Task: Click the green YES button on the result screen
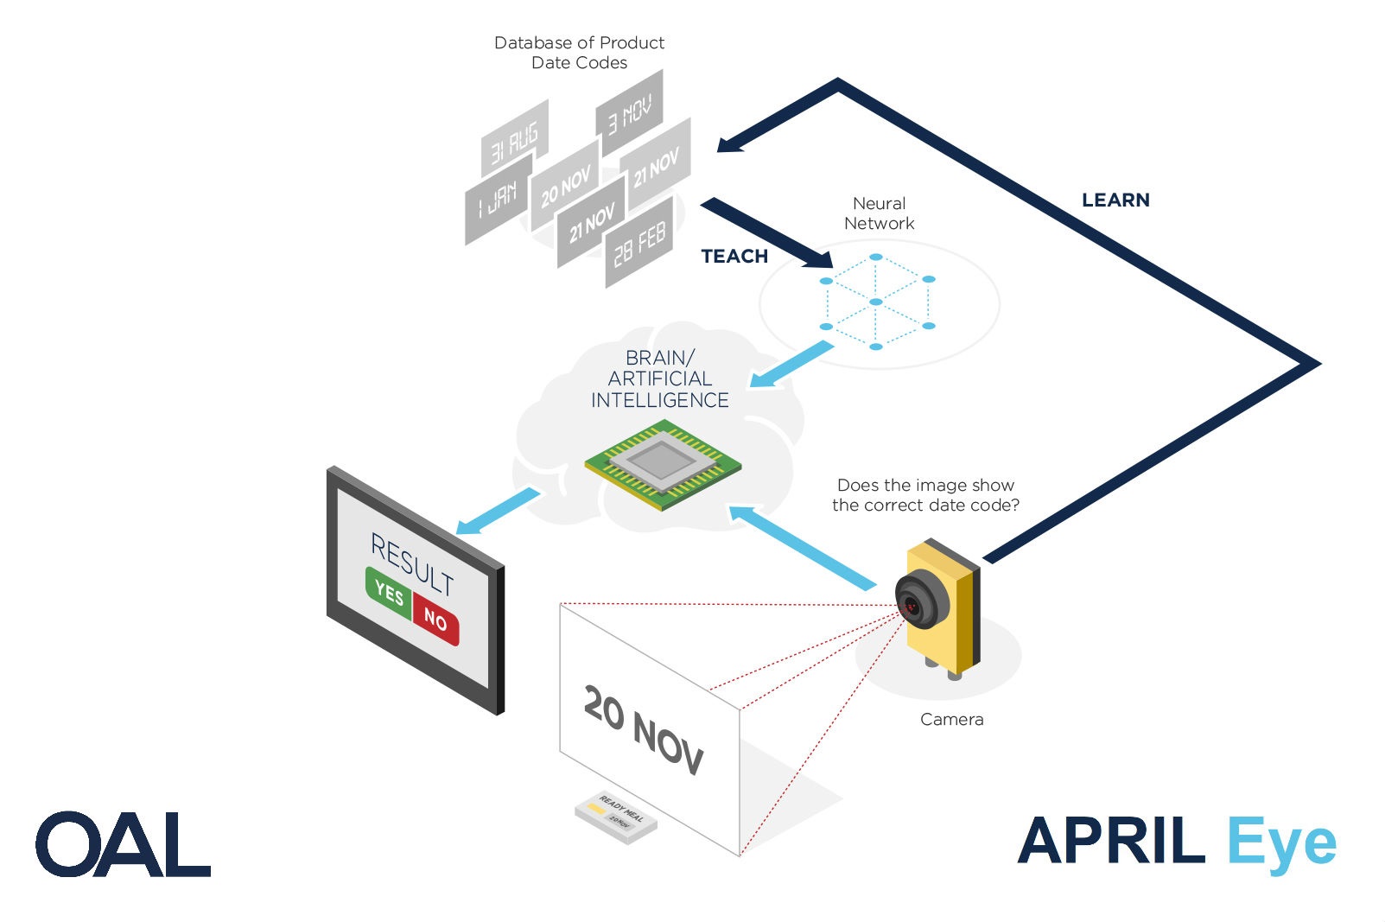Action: pos(389,594)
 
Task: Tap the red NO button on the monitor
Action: pos(435,620)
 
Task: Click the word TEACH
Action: pos(734,257)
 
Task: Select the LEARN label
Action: pos(1115,200)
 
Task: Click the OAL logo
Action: pos(123,844)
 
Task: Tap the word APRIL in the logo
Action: pos(1111,841)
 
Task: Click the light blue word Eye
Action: pos(1281,843)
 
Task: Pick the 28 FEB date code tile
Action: pos(639,243)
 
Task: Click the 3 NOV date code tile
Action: pos(630,112)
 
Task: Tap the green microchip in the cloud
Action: pos(663,464)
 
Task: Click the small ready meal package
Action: pos(616,816)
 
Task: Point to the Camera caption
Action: pos(951,720)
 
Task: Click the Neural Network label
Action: pos(879,213)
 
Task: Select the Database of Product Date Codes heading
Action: pos(579,53)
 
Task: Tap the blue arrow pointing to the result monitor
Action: pos(498,511)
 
